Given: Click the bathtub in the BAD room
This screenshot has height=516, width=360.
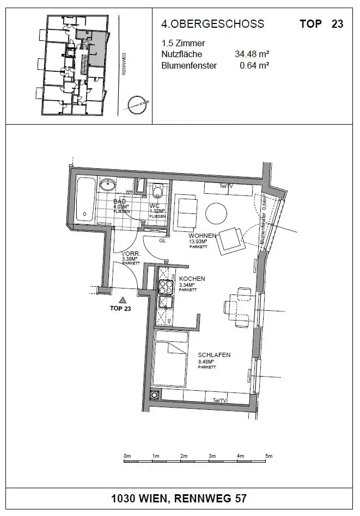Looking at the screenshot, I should click(x=86, y=199).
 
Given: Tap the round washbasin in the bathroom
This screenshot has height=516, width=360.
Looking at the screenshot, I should click(x=109, y=185).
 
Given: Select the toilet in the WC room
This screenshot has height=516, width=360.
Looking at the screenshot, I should click(x=158, y=192).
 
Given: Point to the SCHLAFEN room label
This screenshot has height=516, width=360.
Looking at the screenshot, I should click(x=214, y=355).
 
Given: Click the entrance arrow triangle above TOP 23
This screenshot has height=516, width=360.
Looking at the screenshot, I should click(x=123, y=299).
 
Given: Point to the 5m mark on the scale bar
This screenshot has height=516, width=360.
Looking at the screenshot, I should click(x=269, y=456).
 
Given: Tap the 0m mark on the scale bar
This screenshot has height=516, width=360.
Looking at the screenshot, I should click(x=127, y=456).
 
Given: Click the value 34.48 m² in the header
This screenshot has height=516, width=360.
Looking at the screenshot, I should click(x=253, y=54).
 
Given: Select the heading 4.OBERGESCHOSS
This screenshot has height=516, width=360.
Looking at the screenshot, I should click(x=212, y=24).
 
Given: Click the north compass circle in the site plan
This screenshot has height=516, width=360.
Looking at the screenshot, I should click(x=137, y=103).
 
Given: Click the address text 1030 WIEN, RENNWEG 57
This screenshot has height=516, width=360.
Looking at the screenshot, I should click(x=180, y=499).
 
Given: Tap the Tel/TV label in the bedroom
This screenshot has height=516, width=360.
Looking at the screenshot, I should click(x=221, y=401).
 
